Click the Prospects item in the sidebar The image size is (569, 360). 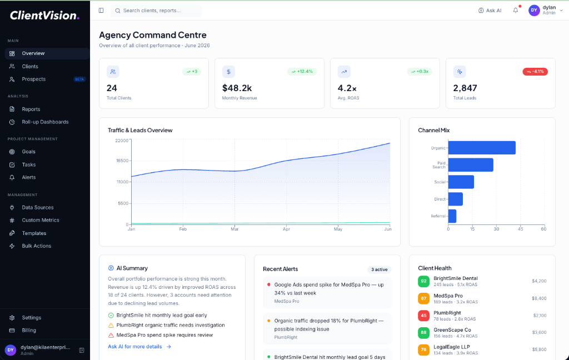33,79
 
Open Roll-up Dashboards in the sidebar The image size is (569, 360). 45,122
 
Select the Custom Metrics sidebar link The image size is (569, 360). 41,221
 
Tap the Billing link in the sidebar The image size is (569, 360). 29,331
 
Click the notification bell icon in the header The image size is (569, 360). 516,11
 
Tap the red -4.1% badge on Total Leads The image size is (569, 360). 535,72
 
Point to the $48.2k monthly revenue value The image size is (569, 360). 237,88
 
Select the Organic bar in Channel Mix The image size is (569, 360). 481,148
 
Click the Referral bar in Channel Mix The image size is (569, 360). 452,216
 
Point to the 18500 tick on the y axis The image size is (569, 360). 122,161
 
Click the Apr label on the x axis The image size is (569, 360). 286,229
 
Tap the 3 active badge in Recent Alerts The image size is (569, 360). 379,269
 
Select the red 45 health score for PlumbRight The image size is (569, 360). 423,316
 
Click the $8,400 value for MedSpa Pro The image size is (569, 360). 538,298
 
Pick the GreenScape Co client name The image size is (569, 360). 452,330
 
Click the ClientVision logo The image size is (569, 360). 44,16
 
